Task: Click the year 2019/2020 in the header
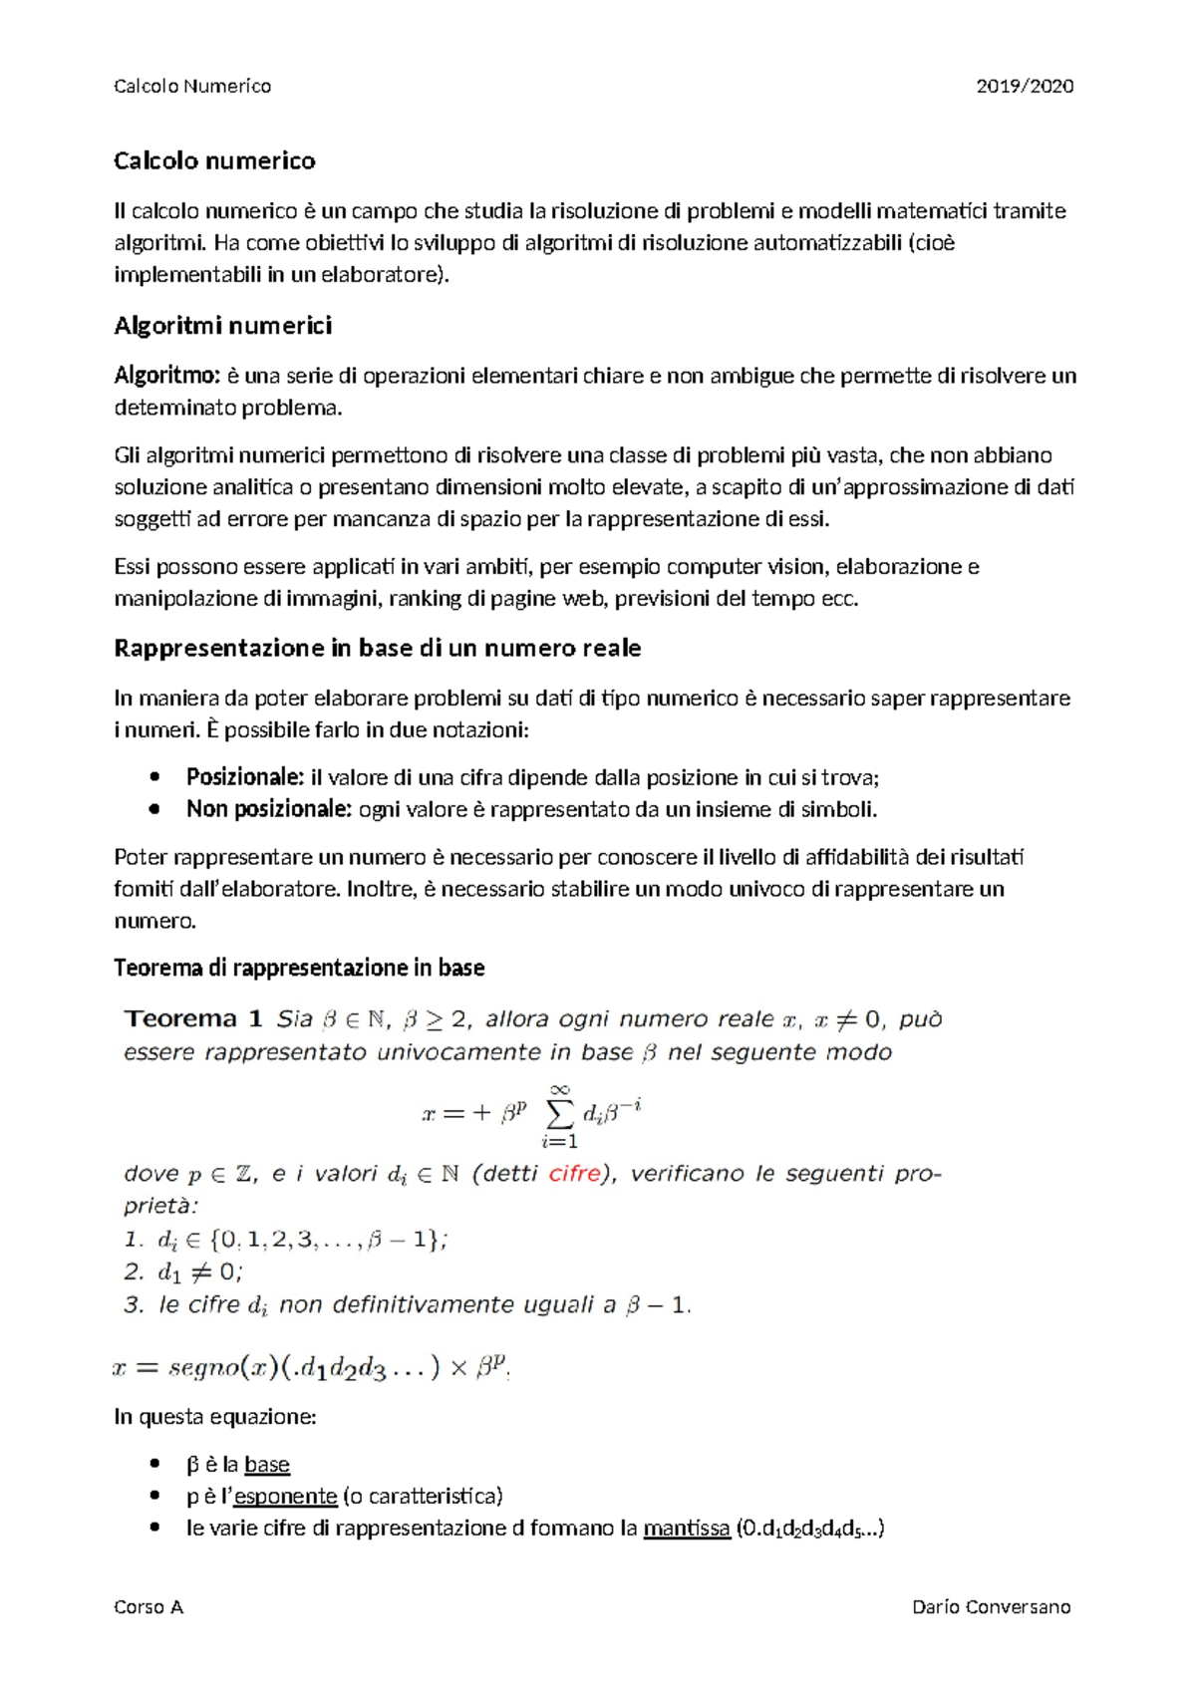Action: click(x=1025, y=86)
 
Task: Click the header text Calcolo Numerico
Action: click(x=192, y=86)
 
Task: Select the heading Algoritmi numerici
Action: click(x=223, y=326)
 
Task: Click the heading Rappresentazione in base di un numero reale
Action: click(x=378, y=648)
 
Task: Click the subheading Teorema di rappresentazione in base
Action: click(x=299, y=968)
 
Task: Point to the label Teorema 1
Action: click(x=193, y=1018)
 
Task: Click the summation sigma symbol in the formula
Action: click(x=560, y=1115)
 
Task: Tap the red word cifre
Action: click(x=575, y=1174)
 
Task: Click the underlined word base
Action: click(x=267, y=1465)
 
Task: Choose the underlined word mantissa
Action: click(x=687, y=1529)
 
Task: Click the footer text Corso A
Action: click(x=149, y=1606)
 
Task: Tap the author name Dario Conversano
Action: click(x=992, y=1606)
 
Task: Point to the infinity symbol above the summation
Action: click(x=560, y=1089)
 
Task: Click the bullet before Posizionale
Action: click(x=153, y=777)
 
